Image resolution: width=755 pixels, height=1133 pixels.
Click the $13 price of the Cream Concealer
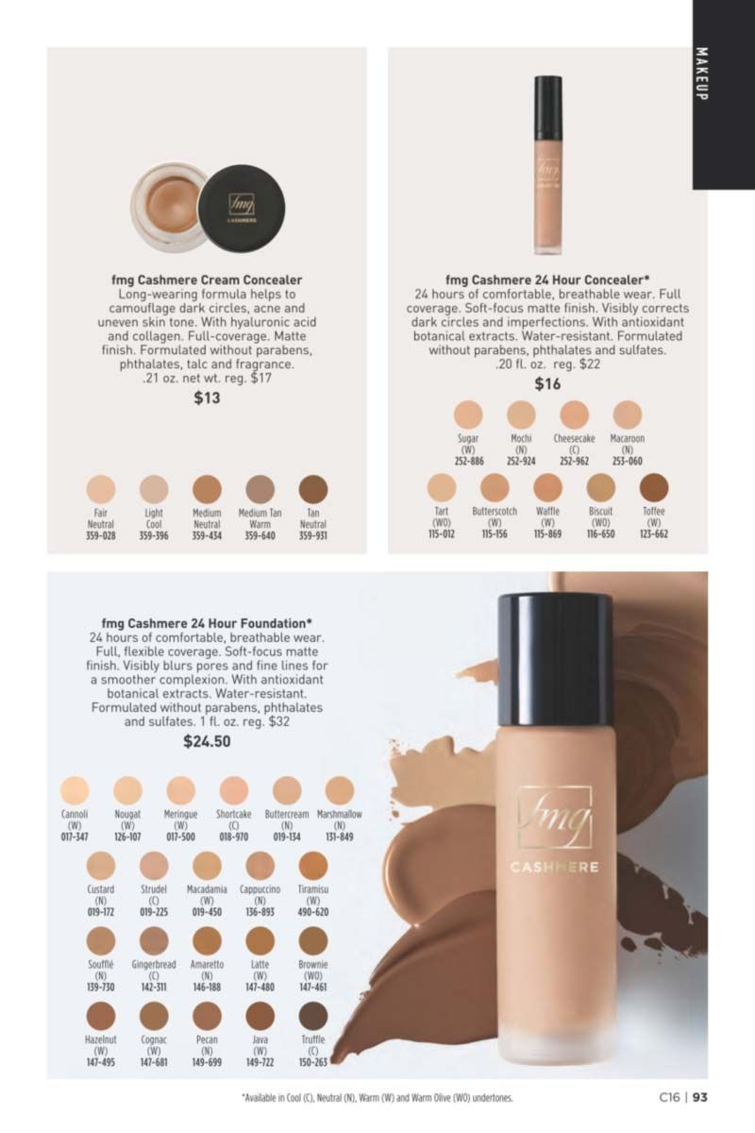tap(207, 398)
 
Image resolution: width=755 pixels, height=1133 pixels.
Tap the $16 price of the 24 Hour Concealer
tap(547, 384)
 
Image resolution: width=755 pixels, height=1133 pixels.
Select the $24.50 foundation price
tap(207, 741)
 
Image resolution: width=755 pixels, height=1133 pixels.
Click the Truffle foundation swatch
tap(313, 1016)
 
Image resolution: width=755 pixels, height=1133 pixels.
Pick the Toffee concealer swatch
tap(654, 487)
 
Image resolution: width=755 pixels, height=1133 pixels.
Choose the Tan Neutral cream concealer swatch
tap(313, 489)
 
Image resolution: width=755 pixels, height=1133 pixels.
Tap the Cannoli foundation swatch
tap(75, 790)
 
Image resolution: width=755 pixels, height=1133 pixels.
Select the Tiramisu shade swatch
tap(313, 866)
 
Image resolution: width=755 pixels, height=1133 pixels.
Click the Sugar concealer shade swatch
tap(468, 414)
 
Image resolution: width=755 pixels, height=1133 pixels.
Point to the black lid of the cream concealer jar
tap(242, 208)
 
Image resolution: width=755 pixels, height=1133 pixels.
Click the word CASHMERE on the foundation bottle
tap(554, 868)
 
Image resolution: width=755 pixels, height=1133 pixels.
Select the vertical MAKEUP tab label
tap(701, 74)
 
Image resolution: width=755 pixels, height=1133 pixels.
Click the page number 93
tap(700, 1097)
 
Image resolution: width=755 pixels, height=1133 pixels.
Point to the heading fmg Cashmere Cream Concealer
tap(207, 279)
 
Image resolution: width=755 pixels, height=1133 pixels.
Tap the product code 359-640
tap(260, 535)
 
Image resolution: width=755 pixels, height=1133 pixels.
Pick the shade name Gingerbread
tap(154, 965)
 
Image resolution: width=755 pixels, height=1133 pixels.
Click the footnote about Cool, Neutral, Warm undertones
tap(377, 1098)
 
